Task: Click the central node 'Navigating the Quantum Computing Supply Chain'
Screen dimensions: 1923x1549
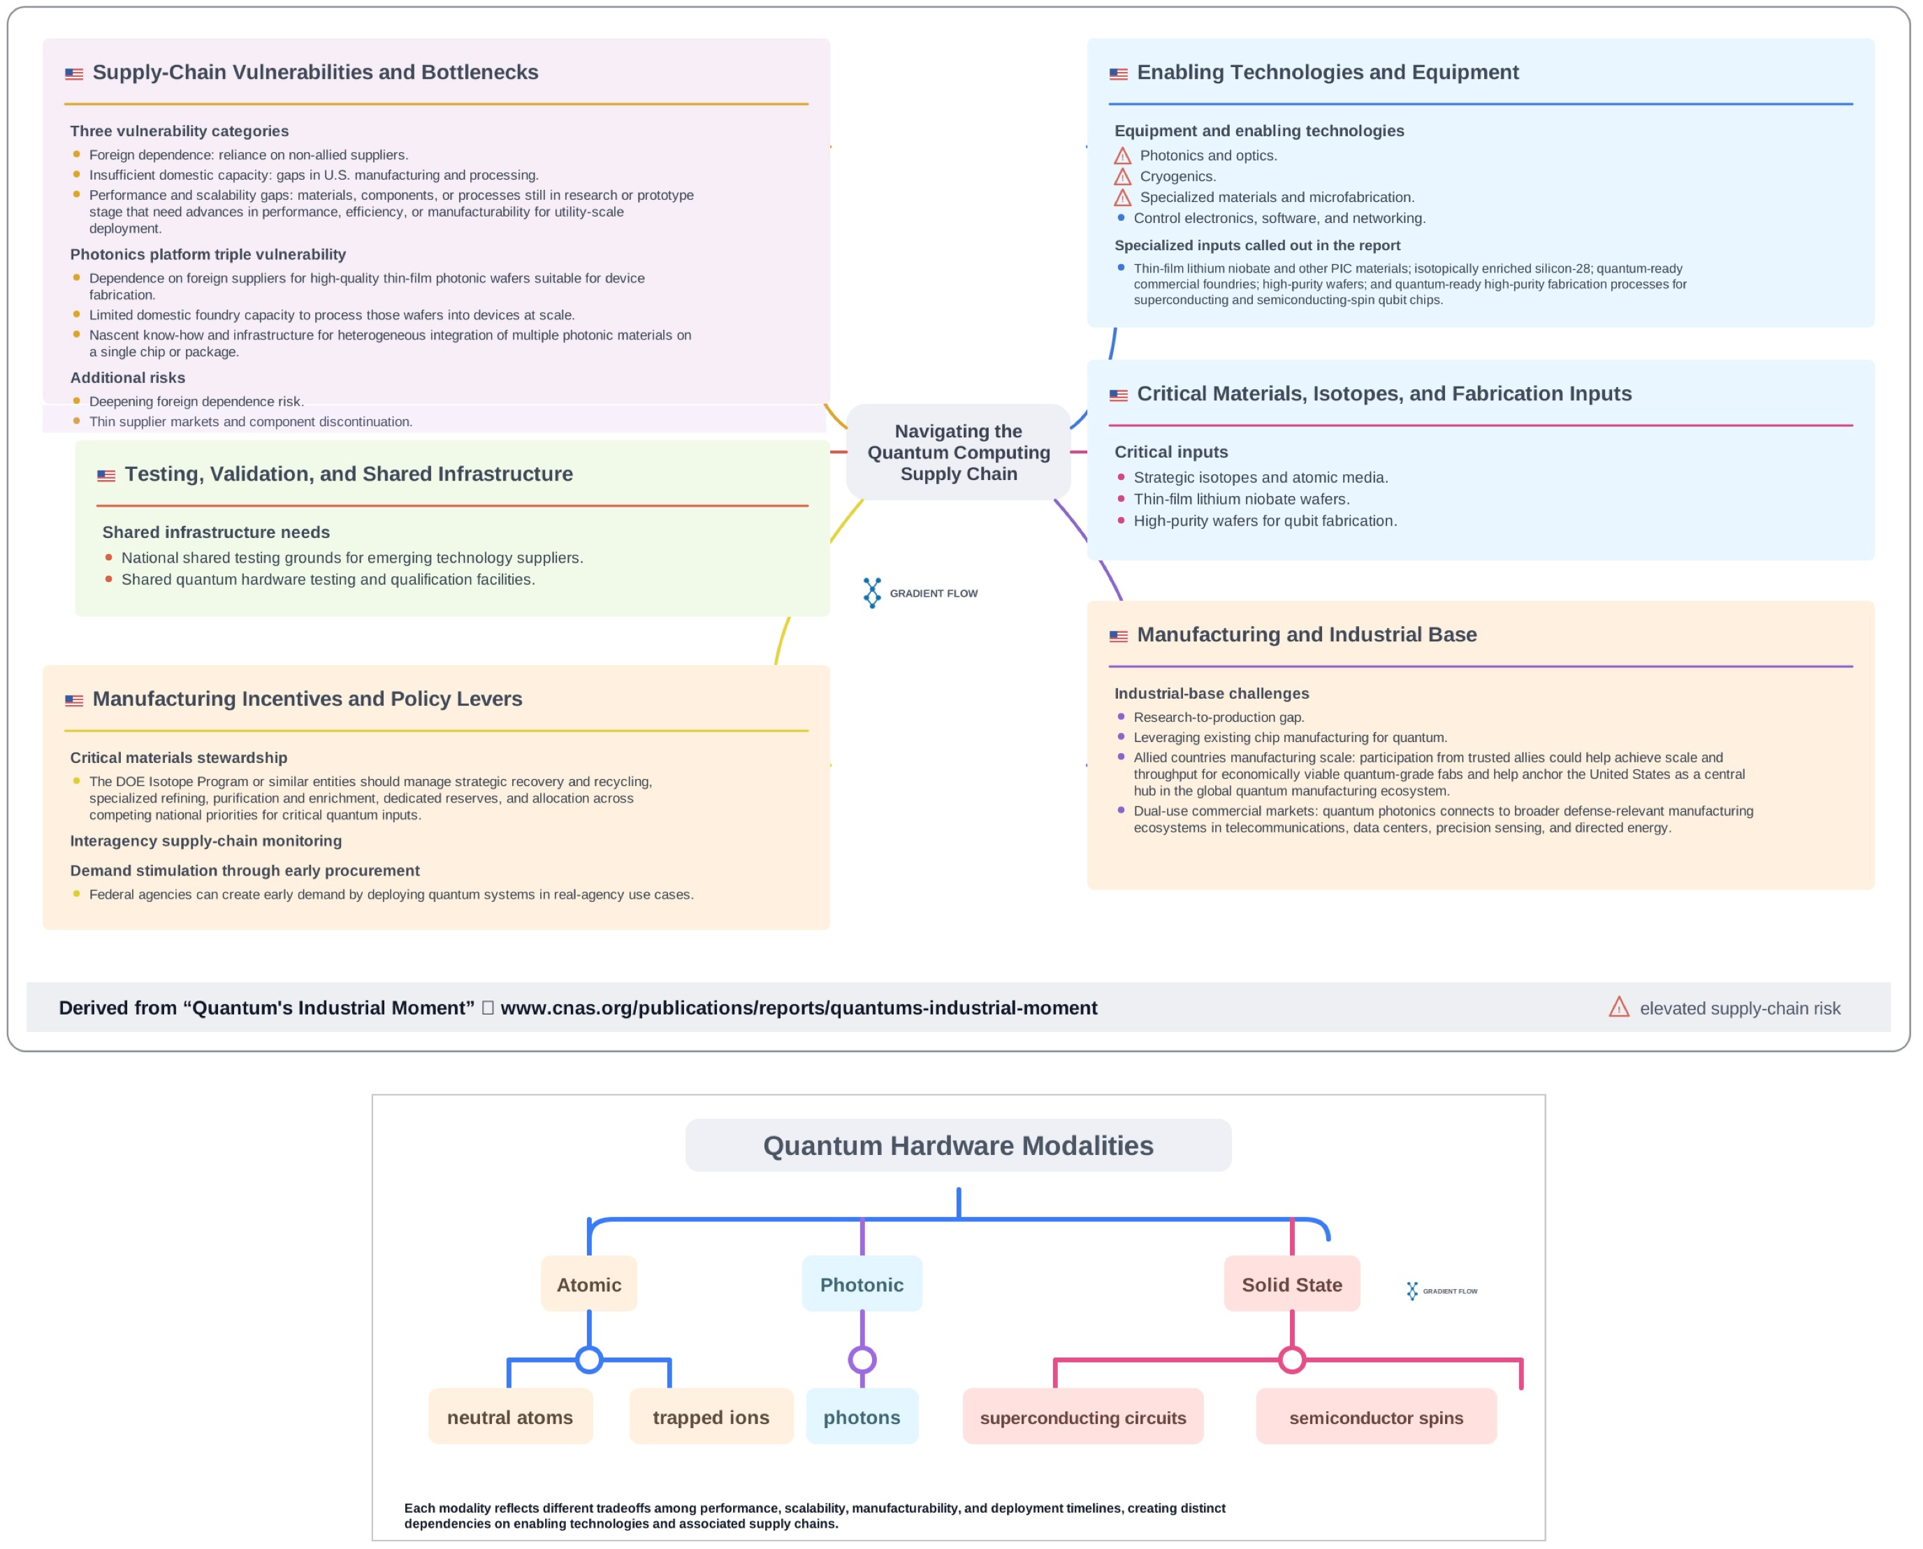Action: click(x=959, y=451)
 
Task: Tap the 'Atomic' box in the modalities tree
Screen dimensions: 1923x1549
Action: click(x=589, y=1284)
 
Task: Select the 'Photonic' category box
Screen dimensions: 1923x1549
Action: click(x=862, y=1284)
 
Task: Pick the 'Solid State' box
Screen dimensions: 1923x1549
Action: click(x=1292, y=1284)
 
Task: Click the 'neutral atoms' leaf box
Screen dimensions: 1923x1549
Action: click(x=510, y=1417)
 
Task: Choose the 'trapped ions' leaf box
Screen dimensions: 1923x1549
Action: click(x=711, y=1417)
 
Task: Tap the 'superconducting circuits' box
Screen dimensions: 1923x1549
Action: click(x=1083, y=1417)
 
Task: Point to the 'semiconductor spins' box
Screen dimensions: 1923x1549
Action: click(x=1377, y=1417)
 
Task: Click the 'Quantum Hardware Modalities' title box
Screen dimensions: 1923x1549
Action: click(x=959, y=1146)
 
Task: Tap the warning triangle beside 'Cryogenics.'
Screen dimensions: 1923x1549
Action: click(x=1123, y=177)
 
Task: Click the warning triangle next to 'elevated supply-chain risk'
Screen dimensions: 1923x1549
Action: click(x=1620, y=1008)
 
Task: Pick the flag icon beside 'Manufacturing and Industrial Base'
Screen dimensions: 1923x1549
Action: click(x=1118, y=637)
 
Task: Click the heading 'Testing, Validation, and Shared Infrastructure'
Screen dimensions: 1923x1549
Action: click(x=349, y=474)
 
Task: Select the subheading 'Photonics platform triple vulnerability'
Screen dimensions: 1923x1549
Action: click(x=208, y=254)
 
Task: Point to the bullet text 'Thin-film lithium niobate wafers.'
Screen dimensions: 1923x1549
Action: click(x=1241, y=499)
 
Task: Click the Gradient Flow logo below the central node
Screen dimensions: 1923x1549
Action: click(x=920, y=592)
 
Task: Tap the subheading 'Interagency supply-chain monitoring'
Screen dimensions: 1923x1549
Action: click(x=206, y=841)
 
